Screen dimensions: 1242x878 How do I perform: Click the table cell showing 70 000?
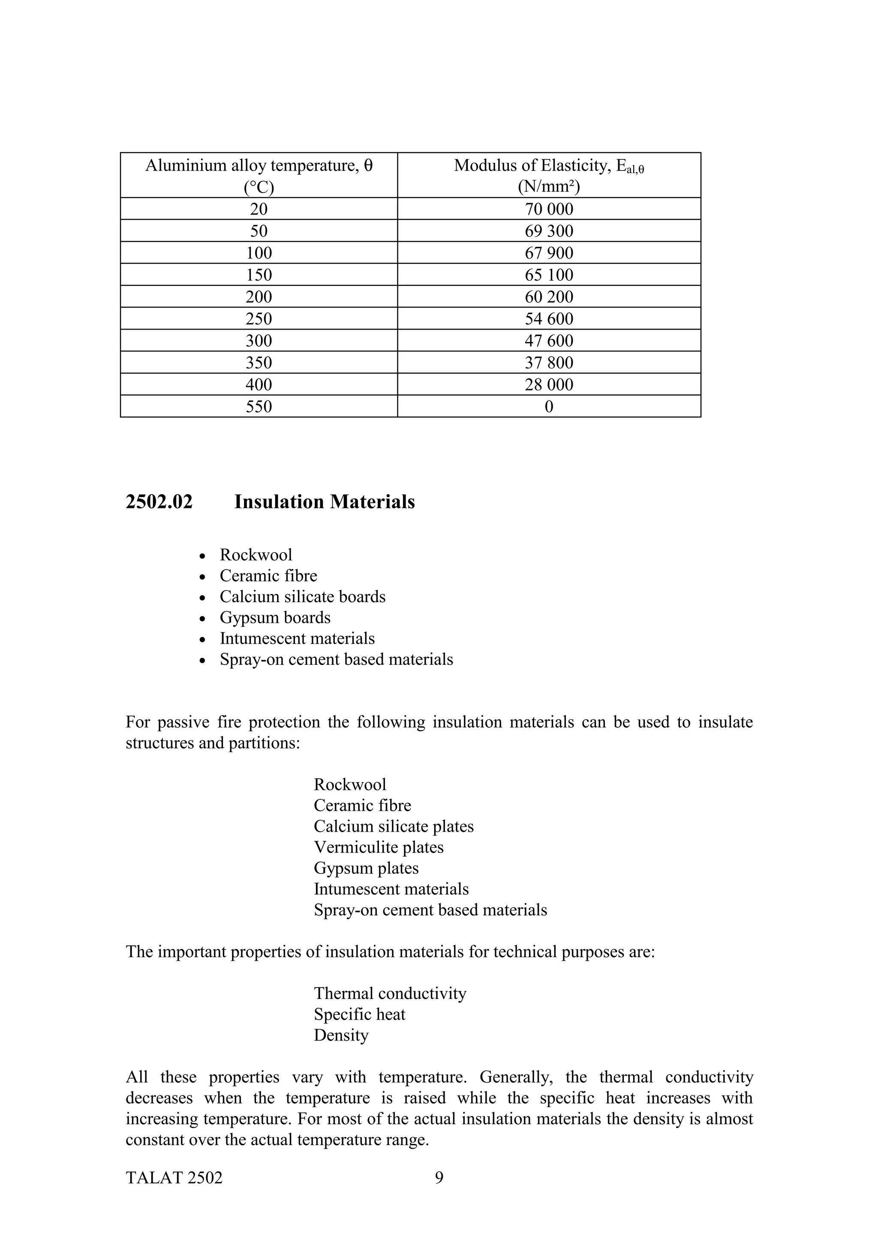click(549, 209)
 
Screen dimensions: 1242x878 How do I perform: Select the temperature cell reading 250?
click(259, 318)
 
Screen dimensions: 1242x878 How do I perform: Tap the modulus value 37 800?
click(549, 363)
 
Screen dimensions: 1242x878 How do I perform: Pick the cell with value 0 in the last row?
click(549, 407)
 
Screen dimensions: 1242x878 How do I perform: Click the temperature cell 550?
click(259, 407)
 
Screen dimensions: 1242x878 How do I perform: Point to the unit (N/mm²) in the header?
click(549, 187)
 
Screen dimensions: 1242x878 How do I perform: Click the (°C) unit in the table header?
click(259, 187)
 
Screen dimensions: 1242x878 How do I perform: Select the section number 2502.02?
click(159, 502)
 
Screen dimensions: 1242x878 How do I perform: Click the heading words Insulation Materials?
click(324, 502)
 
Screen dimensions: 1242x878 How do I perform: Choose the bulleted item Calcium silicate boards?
click(302, 597)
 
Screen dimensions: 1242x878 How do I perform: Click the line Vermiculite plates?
click(378, 847)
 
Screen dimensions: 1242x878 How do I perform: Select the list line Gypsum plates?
click(366, 868)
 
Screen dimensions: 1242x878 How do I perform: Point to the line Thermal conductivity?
click(390, 993)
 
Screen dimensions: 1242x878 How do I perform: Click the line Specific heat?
click(359, 1014)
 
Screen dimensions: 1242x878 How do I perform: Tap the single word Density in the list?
click(341, 1035)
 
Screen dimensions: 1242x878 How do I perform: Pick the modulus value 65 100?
click(549, 275)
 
